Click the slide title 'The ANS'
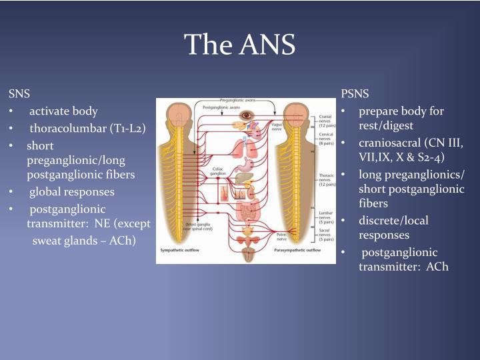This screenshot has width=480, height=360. coord(239,45)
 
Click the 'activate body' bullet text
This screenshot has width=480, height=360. coord(63,111)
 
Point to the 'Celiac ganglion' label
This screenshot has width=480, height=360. coord(220,171)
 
